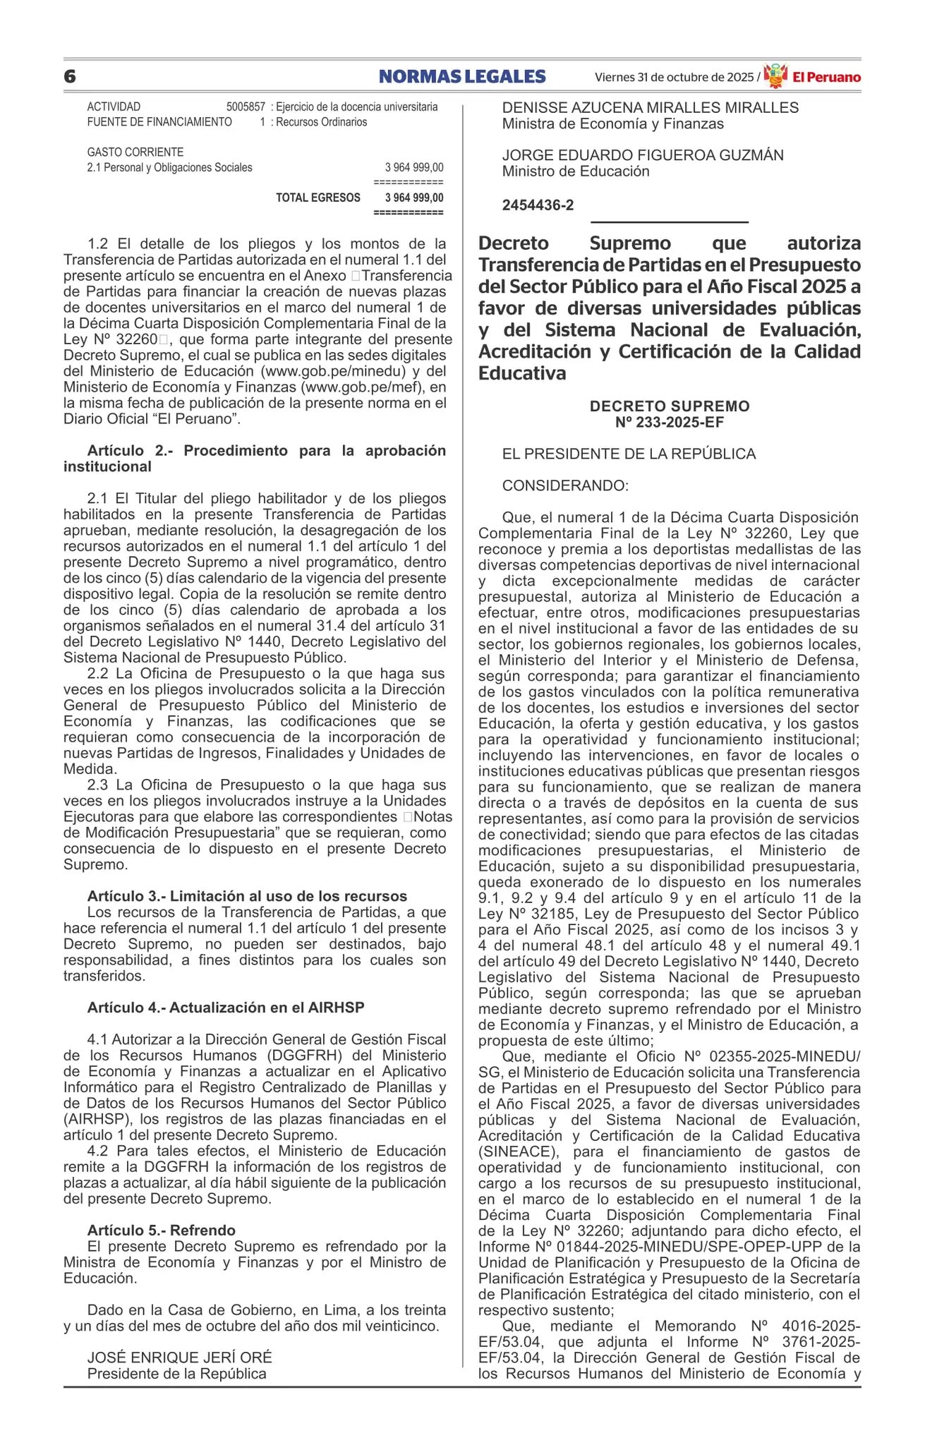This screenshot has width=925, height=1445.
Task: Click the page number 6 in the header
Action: click(x=69, y=76)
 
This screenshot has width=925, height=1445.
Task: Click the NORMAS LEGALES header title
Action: click(x=462, y=76)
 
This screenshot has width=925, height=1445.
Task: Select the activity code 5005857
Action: click(x=246, y=107)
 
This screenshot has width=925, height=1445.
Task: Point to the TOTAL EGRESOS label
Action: click(x=318, y=198)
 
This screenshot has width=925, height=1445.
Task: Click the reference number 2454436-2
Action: click(x=538, y=205)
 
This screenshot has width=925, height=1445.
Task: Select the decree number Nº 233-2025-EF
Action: click(x=669, y=422)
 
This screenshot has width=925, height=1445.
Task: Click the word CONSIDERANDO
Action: click(x=564, y=485)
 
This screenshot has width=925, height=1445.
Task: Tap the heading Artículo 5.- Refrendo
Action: click(x=161, y=1230)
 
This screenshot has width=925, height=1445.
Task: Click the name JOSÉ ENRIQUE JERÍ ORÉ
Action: click(x=179, y=1357)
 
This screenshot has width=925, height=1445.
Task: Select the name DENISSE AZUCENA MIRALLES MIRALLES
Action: click(x=650, y=108)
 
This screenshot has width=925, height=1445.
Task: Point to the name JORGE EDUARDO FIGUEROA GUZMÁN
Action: click(x=642, y=155)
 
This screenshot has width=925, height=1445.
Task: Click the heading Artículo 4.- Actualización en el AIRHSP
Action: click(x=226, y=1008)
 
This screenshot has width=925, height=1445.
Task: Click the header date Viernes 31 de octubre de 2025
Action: click(x=674, y=77)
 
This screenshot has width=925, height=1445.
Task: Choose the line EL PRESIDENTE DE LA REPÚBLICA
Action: click(x=629, y=454)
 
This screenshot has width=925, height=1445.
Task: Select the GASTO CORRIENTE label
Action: click(x=135, y=152)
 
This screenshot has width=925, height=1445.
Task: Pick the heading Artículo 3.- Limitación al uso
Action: click(x=247, y=896)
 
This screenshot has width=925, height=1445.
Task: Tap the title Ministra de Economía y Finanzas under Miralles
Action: click(x=612, y=124)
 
